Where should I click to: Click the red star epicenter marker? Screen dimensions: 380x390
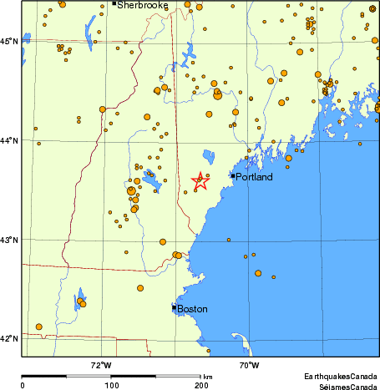(x=200, y=180)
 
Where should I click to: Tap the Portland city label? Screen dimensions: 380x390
(x=255, y=176)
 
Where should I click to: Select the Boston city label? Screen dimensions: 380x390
(x=192, y=309)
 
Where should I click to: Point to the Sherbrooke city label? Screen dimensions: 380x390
(x=142, y=5)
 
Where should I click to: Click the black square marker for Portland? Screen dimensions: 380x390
(x=233, y=175)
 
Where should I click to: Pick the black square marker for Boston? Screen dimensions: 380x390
(x=174, y=307)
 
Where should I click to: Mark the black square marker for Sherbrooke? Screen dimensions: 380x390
(x=114, y=3)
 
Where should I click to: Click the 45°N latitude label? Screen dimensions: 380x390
(x=9, y=41)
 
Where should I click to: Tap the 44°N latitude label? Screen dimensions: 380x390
(x=9, y=140)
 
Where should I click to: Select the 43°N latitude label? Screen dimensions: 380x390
(x=9, y=240)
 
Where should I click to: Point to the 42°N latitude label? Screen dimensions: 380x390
(x=9, y=338)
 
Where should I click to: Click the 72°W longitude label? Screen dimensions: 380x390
(x=100, y=365)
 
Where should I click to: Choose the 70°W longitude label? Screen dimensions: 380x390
(x=248, y=365)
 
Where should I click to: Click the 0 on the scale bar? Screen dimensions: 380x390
(x=23, y=385)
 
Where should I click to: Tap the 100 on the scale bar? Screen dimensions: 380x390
(x=111, y=385)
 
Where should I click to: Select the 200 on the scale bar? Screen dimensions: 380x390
(x=201, y=385)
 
